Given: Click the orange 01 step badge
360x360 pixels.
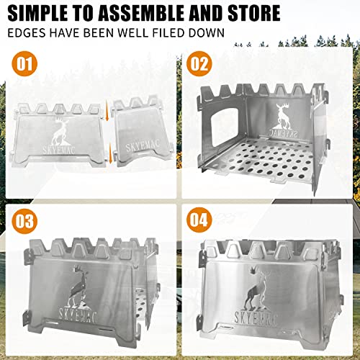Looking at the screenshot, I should [x=26, y=65].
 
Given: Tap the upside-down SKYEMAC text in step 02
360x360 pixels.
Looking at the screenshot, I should [x=286, y=135].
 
